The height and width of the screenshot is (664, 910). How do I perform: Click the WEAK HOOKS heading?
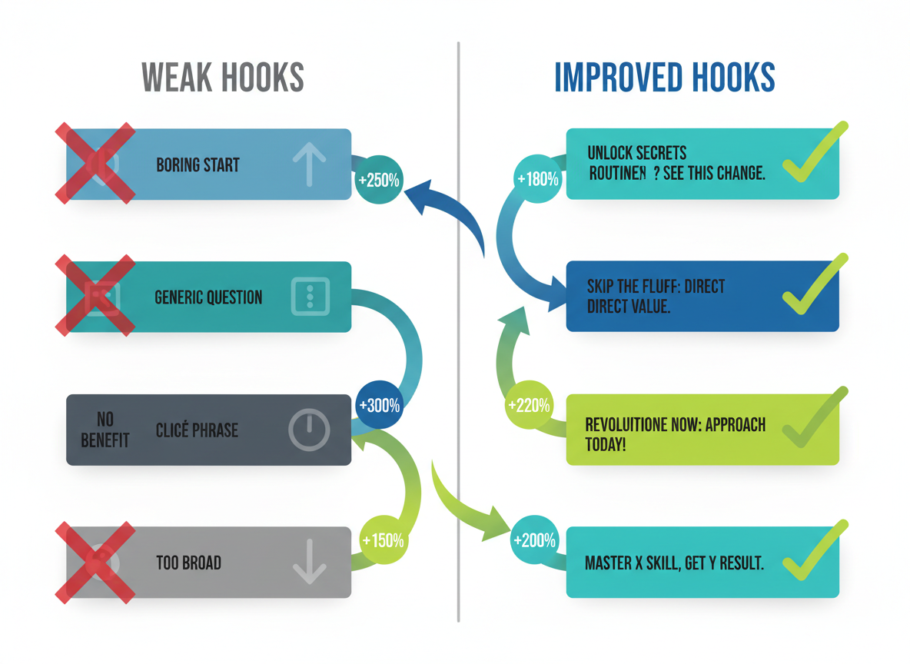[223, 77]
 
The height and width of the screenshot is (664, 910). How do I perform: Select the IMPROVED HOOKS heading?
[664, 77]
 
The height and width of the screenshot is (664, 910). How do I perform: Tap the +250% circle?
[378, 181]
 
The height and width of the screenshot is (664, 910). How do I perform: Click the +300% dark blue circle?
[379, 405]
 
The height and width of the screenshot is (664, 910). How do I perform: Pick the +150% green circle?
[382, 540]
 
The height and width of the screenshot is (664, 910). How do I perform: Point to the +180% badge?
[538, 179]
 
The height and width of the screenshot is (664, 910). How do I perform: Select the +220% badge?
[529, 405]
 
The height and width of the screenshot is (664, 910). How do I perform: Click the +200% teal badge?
[535, 540]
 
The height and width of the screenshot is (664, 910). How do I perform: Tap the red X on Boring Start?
[95, 164]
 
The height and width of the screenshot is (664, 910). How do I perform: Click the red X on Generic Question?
[95, 297]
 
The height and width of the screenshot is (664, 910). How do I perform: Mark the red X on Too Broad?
[95, 563]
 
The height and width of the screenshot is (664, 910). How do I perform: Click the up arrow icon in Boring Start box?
[309, 164]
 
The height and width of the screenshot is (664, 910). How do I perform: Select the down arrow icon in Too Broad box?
[309, 562]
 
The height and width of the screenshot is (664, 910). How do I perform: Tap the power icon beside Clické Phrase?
[309, 430]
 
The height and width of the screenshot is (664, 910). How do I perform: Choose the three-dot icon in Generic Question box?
[311, 297]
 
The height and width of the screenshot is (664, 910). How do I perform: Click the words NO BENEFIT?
[105, 430]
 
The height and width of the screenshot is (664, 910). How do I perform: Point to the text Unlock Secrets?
[636, 153]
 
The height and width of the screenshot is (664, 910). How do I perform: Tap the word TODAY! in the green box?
[605, 445]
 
